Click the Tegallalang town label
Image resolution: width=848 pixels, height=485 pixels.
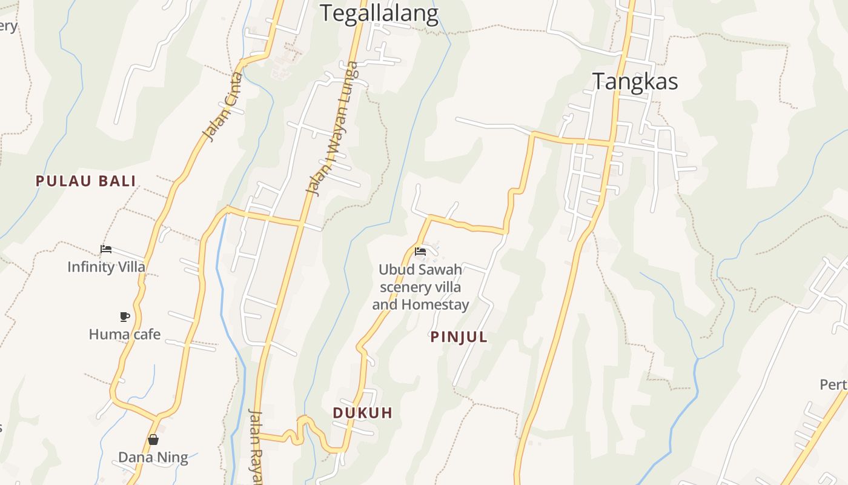[x=379, y=13]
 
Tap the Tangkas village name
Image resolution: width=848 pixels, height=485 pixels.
[x=635, y=81]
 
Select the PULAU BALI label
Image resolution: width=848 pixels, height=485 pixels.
[x=85, y=181]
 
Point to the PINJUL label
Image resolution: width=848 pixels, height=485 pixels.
[x=459, y=337]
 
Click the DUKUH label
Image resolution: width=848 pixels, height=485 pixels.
[x=362, y=413]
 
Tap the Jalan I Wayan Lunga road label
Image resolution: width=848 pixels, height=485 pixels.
[x=333, y=129]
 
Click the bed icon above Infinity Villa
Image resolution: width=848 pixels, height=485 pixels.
[x=106, y=249]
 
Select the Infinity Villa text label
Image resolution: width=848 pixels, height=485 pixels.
[x=106, y=267]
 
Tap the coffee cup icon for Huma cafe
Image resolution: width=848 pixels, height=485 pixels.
[x=125, y=316]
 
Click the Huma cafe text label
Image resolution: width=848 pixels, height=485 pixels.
[x=125, y=334]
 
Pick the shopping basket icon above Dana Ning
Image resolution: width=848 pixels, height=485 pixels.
[x=153, y=440]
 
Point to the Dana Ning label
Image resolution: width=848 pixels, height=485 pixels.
[x=153, y=457]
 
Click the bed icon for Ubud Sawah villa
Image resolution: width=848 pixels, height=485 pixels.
[x=420, y=252]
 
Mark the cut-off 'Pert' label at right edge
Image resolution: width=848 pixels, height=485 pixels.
[x=833, y=384]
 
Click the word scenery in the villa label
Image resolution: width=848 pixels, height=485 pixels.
[x=403, y=287]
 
